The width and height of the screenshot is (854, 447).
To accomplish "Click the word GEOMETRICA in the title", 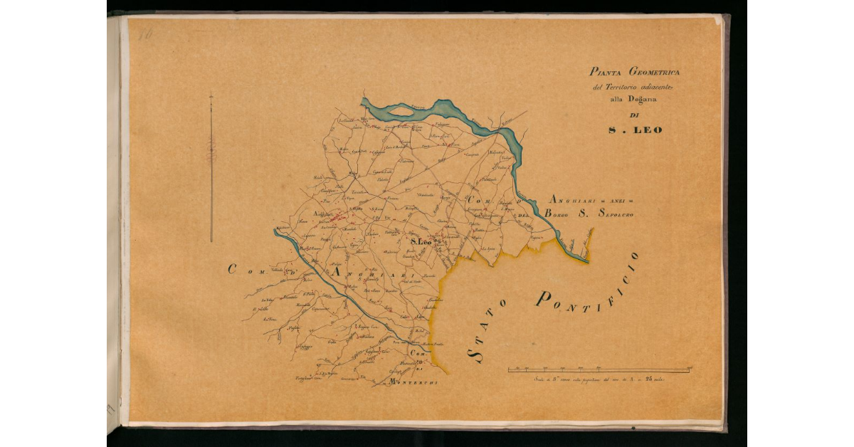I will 654,73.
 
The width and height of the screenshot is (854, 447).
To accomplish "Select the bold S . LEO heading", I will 636,130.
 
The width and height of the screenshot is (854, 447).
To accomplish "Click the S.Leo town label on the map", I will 421,243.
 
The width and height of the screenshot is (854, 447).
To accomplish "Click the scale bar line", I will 599,370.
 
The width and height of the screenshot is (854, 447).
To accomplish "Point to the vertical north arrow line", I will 211,167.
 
